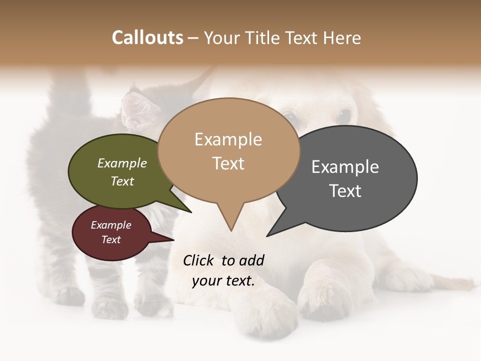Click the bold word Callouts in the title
tap(147, 38)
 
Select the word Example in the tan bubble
tap(228, 139)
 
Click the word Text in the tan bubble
tap(228, 163)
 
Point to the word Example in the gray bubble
tap(345, 167)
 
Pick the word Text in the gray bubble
tap(345, 191)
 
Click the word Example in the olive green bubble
tap(122, 163)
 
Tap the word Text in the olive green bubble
tap(122, 181)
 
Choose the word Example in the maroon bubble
tap(111, 225)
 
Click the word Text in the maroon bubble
tap(111, 240)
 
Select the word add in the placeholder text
tap(251, 260)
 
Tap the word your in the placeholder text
tap(205, 281)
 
